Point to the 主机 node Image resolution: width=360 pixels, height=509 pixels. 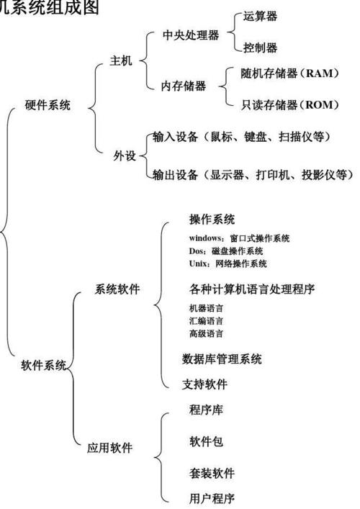(121, 61)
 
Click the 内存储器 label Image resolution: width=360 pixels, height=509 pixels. (183, 86)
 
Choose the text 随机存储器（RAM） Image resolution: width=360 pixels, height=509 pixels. (289, 73)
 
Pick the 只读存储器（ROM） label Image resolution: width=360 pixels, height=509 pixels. (289, 105)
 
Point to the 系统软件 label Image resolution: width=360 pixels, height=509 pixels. (117, 289)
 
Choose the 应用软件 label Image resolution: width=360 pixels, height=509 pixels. (109, 448)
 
